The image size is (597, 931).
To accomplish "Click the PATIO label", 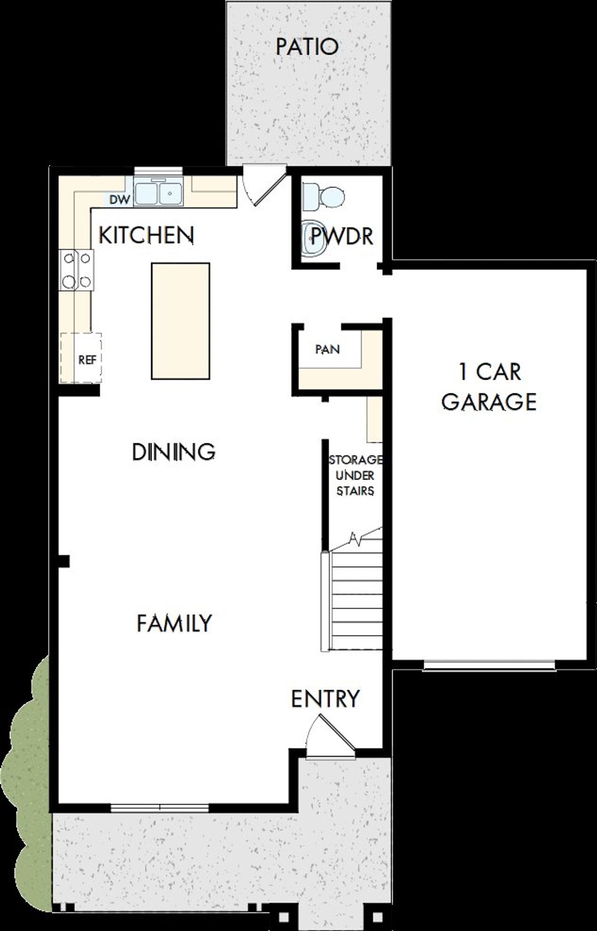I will (x=307, y=47).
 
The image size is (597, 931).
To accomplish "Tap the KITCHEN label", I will (x=146, y=235).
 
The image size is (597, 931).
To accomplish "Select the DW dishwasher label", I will (x=119, y=200).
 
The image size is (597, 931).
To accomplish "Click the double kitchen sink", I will (x=158, y=192).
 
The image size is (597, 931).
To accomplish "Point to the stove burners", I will (x=76, y=270).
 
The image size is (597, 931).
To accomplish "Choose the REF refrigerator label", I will (x=87, y=360).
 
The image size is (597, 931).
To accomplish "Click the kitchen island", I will (x=180, y=321).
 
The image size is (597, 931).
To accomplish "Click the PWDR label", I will (x=342, y=237).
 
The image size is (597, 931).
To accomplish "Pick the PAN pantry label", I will (x=327, y=349).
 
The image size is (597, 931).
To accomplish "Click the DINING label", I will (x=174, y=452).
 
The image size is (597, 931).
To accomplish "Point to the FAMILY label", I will (x=174, y=623).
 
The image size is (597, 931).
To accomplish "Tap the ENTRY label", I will (x=325, y=699).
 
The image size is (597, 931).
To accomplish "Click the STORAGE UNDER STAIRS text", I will (x=355, y=475).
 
